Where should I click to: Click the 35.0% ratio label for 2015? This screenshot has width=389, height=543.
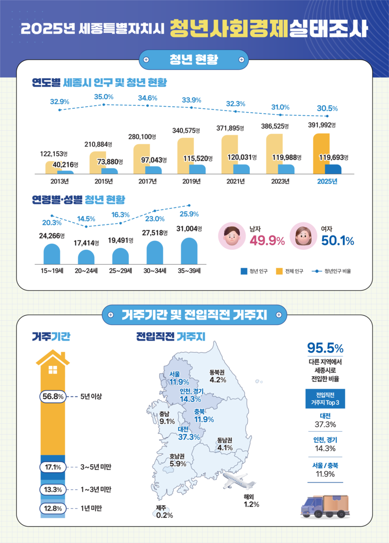104,97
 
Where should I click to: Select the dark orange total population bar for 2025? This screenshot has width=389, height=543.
321,150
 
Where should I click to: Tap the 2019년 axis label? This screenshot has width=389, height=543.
192,181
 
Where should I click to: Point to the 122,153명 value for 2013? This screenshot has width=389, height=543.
53,154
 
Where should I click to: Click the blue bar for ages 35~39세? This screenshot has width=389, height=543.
189,251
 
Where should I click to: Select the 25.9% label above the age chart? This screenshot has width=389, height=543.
190,214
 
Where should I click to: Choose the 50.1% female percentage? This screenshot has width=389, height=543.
338,241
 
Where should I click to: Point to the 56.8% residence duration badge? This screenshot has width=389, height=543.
52,396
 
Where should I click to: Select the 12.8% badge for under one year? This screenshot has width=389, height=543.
52,509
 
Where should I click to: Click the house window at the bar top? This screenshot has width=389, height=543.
53,370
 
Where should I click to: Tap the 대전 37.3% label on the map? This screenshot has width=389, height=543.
189,433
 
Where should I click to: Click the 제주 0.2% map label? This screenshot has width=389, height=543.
164,512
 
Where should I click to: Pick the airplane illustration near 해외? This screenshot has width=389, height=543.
237,482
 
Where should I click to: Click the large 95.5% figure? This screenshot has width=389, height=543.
325,348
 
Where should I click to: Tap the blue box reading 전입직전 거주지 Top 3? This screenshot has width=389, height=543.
325,398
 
